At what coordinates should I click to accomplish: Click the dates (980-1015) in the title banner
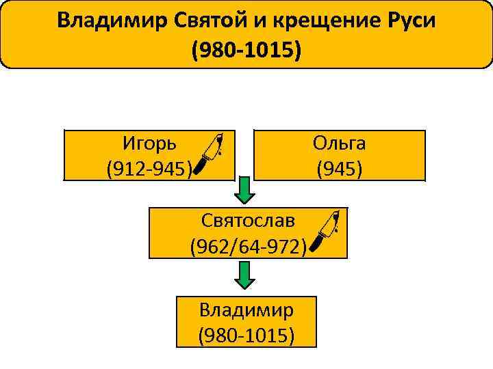tap(246, 50)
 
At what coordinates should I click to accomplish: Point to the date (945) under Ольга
tap(340, 167)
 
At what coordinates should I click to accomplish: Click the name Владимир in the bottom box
tap(246, 310)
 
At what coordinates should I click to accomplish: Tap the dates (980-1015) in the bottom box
tap(246, 335)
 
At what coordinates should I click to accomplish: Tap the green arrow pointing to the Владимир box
tap(244, 275)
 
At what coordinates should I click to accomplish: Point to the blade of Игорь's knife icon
tap(218, 145)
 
